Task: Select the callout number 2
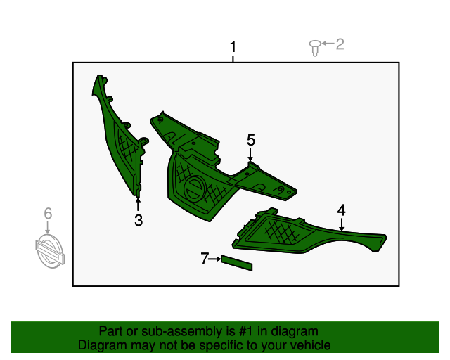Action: click(x=340, y=45)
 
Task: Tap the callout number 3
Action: click(x=139, y=221)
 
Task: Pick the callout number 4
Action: click(x=342, y=210)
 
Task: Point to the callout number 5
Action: click(x=251, y=140)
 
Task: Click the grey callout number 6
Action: click(x=48, y=213)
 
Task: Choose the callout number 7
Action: click(x=205, y=259)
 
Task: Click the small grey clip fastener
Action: click(x=315, y=48)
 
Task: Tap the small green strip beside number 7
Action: click(x=237, y=263)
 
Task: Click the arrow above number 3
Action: click(x=139, y=205)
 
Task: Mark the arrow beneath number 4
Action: click(x=342, y=224)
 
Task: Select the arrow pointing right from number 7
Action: click(x=215, y=259)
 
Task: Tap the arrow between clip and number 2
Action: click(x=327, y=45)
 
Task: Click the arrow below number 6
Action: click(x=48, y=228)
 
